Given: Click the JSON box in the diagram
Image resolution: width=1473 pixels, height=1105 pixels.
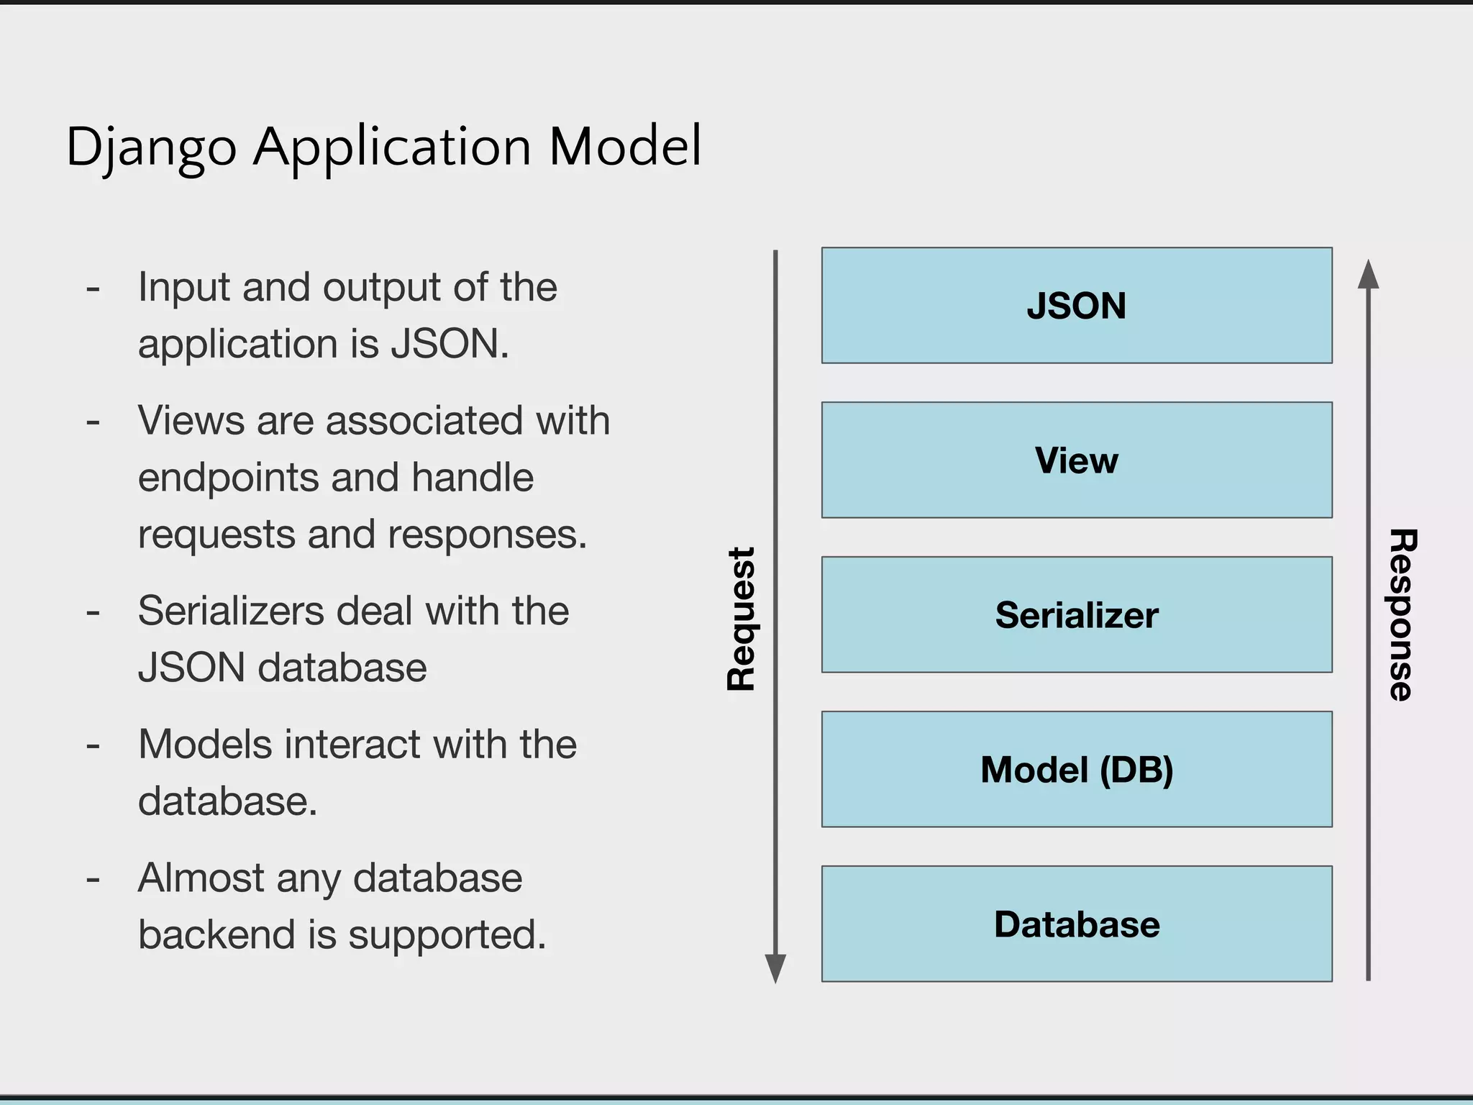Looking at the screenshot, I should (x=1077, y=306).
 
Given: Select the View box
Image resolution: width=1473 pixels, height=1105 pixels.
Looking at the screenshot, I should (x=1077, y=460).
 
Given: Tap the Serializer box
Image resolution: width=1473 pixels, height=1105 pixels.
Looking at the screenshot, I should (x=1077, y=615).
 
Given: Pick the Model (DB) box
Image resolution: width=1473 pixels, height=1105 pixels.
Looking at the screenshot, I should (x=1077, y=770).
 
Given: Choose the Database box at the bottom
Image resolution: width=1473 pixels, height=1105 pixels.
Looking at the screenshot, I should (x=1077, y=924).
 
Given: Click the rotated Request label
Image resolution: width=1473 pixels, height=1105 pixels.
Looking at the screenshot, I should (x=741, y=619).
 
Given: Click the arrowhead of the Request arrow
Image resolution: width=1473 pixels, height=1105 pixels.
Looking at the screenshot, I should (x=775, y=968).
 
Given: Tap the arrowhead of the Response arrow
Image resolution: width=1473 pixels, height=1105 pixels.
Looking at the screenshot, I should (x=1368, y=275).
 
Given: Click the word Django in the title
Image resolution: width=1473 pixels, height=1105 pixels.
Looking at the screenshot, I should (x=151, y=147).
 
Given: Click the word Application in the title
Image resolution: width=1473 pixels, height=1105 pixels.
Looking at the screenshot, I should (x=392, y=147).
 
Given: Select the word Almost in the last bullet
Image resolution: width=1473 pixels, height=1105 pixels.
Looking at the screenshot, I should (x=201, y=878).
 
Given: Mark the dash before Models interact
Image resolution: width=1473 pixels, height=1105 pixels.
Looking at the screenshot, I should (x=93, y=746).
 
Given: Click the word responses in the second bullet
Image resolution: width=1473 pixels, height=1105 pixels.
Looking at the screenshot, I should (x=487, y=535).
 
